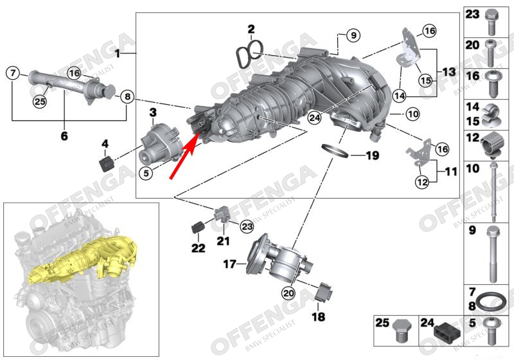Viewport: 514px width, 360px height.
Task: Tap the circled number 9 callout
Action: click(x=353, y=35)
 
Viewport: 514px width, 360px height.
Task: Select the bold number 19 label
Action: click(x=373, y=156)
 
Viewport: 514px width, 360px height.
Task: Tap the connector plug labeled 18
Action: click(x=324, y=291)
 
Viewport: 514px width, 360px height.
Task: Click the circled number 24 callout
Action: click(x=314, y=118)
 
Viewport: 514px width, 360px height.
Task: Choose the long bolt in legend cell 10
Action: click(x=493, y=192)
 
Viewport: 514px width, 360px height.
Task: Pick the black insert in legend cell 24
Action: click(x=447, y=332)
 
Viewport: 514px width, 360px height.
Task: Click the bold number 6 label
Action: click(x=64, y=135)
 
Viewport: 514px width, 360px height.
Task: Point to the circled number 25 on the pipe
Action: click(x=40, y=102)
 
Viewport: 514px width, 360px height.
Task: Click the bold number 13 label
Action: click(x=448, y=72)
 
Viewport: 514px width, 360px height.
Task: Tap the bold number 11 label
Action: click(x=451, y=171)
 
